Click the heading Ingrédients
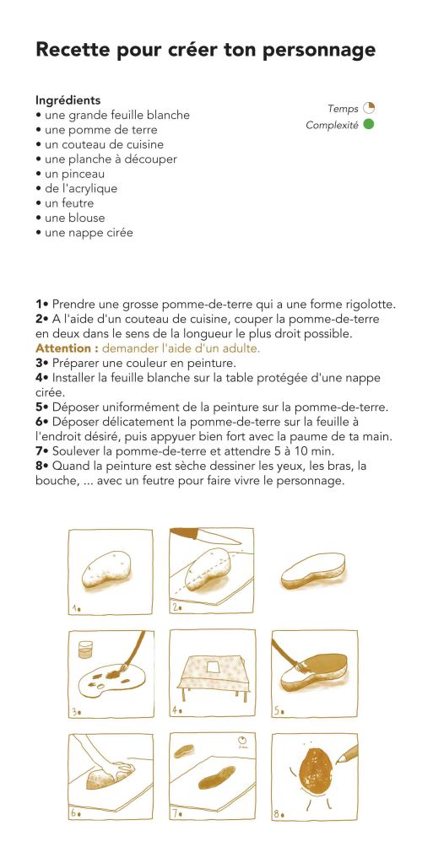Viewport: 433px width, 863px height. pyautogui.click(x=68, y=100)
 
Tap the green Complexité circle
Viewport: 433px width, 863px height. pyautogui.click(x=368, y=125)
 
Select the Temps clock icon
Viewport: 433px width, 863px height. pyautogui.click(x=368, y=109)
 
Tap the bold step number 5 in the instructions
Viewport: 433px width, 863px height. pyautogui.click(x=40, y=407)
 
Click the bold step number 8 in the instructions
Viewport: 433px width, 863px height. pyautogui.click(x=40, y=465)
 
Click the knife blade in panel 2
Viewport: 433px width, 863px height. pyautogui.click(x=191, y=534)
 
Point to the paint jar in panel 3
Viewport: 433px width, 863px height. pyautogui.click(x=84, y=649)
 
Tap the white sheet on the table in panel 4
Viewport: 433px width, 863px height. pyautogui.click(x=212, y=667)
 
